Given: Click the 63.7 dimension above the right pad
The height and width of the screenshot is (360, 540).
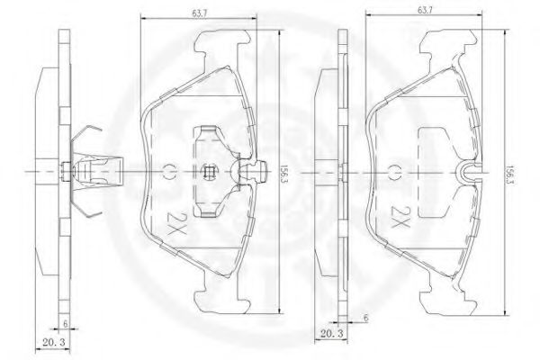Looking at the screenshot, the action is point(425,10).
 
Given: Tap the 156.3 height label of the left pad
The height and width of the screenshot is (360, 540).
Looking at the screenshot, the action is point(284,173).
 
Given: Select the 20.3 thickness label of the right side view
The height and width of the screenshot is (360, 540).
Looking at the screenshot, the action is point(331,334).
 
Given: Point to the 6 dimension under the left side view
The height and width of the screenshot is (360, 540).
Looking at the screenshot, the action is point(65,323).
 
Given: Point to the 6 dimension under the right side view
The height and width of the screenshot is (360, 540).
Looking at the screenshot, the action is point(365,318).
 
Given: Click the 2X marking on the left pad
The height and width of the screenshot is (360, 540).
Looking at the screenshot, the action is point(176,223).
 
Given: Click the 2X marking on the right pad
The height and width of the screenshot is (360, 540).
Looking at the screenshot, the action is point(400,218).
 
